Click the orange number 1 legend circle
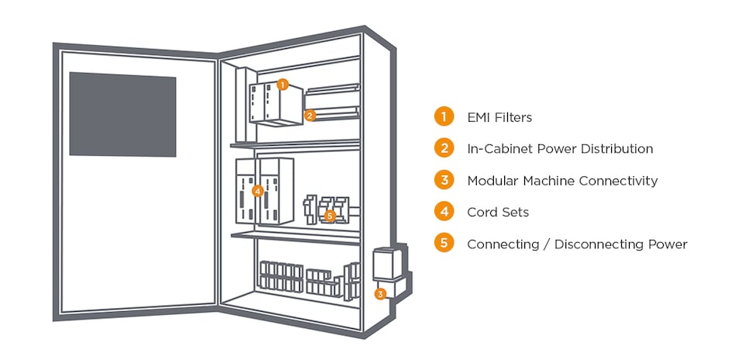click(444, 117)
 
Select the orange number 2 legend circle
click(444, 148)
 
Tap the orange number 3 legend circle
click(444, 180)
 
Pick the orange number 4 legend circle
click(444, 212)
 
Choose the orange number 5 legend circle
click(444, 244)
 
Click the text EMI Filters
click(499, 118)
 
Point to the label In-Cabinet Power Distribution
click(560, 149)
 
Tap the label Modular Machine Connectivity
click(562, 181)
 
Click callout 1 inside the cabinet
click(282, 84)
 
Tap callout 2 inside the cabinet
click(309, 116)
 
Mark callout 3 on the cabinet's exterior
click(380, 294)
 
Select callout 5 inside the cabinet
click(330, 216)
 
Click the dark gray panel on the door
click(123, 114)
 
